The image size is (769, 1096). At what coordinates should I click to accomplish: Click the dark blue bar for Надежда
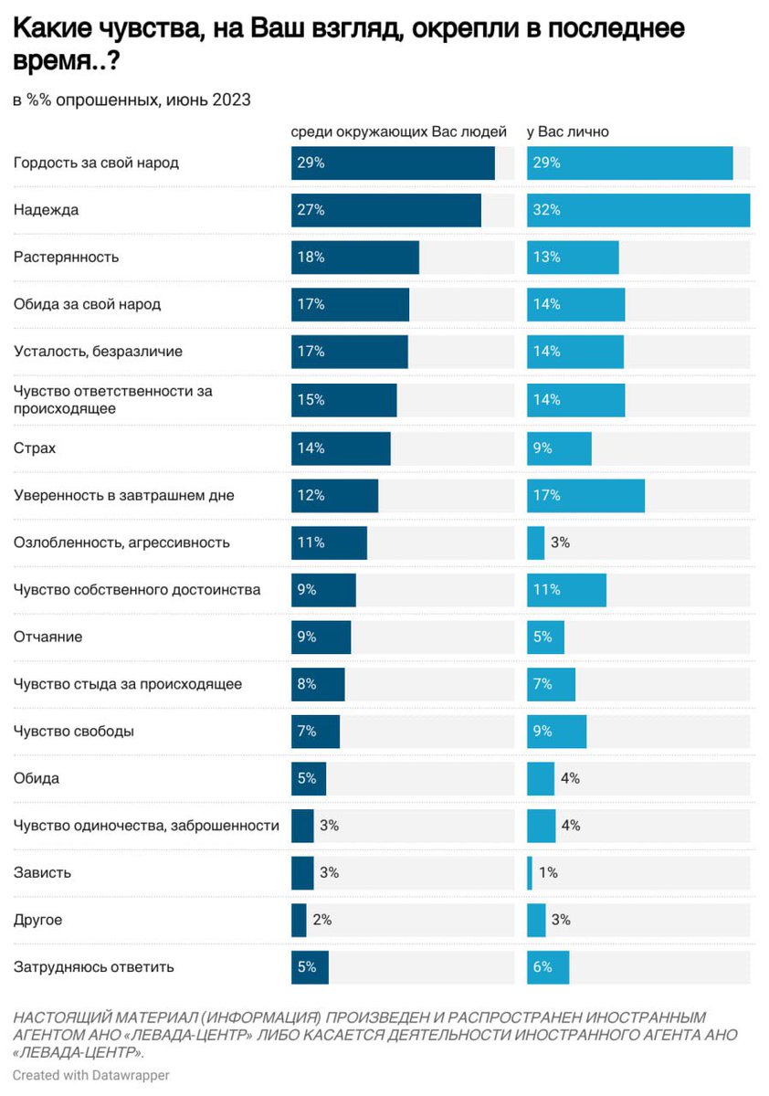click(385, 210)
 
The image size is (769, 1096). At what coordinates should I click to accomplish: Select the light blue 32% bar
click(637, 210)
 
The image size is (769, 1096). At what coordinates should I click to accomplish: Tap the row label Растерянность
click(66, 257)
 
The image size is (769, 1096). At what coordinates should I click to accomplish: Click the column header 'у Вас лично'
click(567, 132)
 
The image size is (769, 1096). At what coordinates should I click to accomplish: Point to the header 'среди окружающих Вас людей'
click(398, 132)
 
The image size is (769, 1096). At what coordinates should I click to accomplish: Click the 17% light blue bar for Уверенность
click(585, 495)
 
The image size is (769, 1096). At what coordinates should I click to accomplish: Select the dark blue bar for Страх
click(341, 448)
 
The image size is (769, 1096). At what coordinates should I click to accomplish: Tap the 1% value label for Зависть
click(548, 872)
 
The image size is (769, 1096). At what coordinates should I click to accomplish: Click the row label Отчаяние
click(47, 637)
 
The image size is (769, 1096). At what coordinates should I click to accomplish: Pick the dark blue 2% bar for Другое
click(299, 920)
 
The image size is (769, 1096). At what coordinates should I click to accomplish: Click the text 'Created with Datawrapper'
click(91, 1075)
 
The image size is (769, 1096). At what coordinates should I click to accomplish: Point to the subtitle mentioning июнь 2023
click(132, 100)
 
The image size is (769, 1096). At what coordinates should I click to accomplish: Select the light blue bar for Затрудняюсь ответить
click(548, 967)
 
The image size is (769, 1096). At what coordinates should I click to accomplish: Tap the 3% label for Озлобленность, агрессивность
click(560, 543)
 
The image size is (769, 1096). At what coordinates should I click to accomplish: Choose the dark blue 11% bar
click(329, 543)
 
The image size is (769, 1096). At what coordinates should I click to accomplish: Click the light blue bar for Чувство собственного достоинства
click(566, 590)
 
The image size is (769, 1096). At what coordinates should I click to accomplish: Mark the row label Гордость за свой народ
click(96, 163)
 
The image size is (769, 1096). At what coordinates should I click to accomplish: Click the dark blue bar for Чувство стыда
click(318, 684)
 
